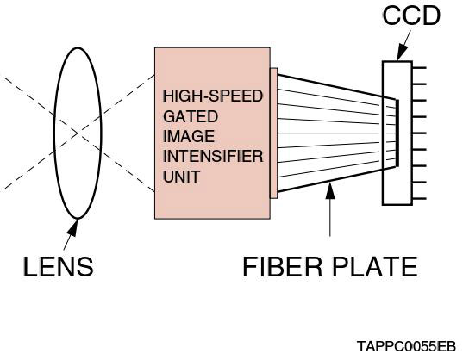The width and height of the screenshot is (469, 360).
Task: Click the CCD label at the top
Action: coord(410,16)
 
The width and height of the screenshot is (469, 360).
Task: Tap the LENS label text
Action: coord(58,267)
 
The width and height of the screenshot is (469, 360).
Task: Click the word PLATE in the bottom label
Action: coord(375,267)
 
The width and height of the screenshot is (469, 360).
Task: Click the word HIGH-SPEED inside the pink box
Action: coord(212,96)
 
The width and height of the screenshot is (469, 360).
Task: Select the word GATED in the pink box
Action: coord(191,116)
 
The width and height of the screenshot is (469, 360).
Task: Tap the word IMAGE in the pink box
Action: coord(190,136)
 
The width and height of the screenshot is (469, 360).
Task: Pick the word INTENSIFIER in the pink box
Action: coord(212,157)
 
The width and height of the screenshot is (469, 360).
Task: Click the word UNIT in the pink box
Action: coord(181,177)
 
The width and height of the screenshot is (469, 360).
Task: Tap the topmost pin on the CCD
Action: coord(420,67)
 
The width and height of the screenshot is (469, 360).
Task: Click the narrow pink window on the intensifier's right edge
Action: coord(273,133)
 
